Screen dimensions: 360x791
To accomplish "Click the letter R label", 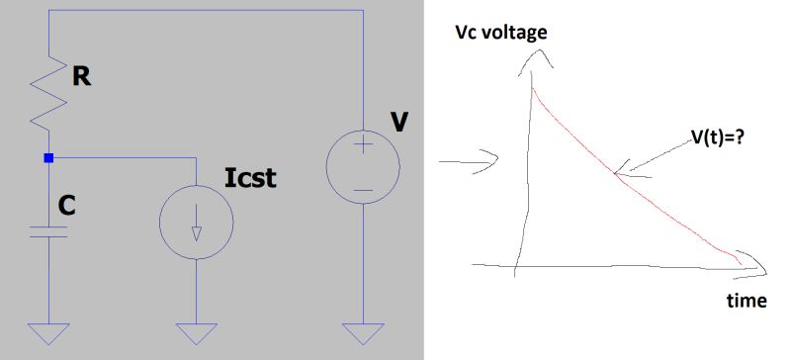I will (x=82, y=77).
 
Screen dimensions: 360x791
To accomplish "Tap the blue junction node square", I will (x=47, y=157).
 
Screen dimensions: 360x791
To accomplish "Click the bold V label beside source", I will (x=398, y=122).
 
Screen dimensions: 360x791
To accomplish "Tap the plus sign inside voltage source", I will (x=363, y=145).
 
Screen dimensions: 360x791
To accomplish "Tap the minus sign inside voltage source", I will (x=363, y=186).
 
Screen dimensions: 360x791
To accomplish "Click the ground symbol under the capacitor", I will (x=47, y=333).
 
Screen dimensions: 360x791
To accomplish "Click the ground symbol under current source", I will (x=196, y=333).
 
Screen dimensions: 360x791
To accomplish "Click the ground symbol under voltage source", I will (x=363, y=333).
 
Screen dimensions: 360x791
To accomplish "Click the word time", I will (x=747, y=301).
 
